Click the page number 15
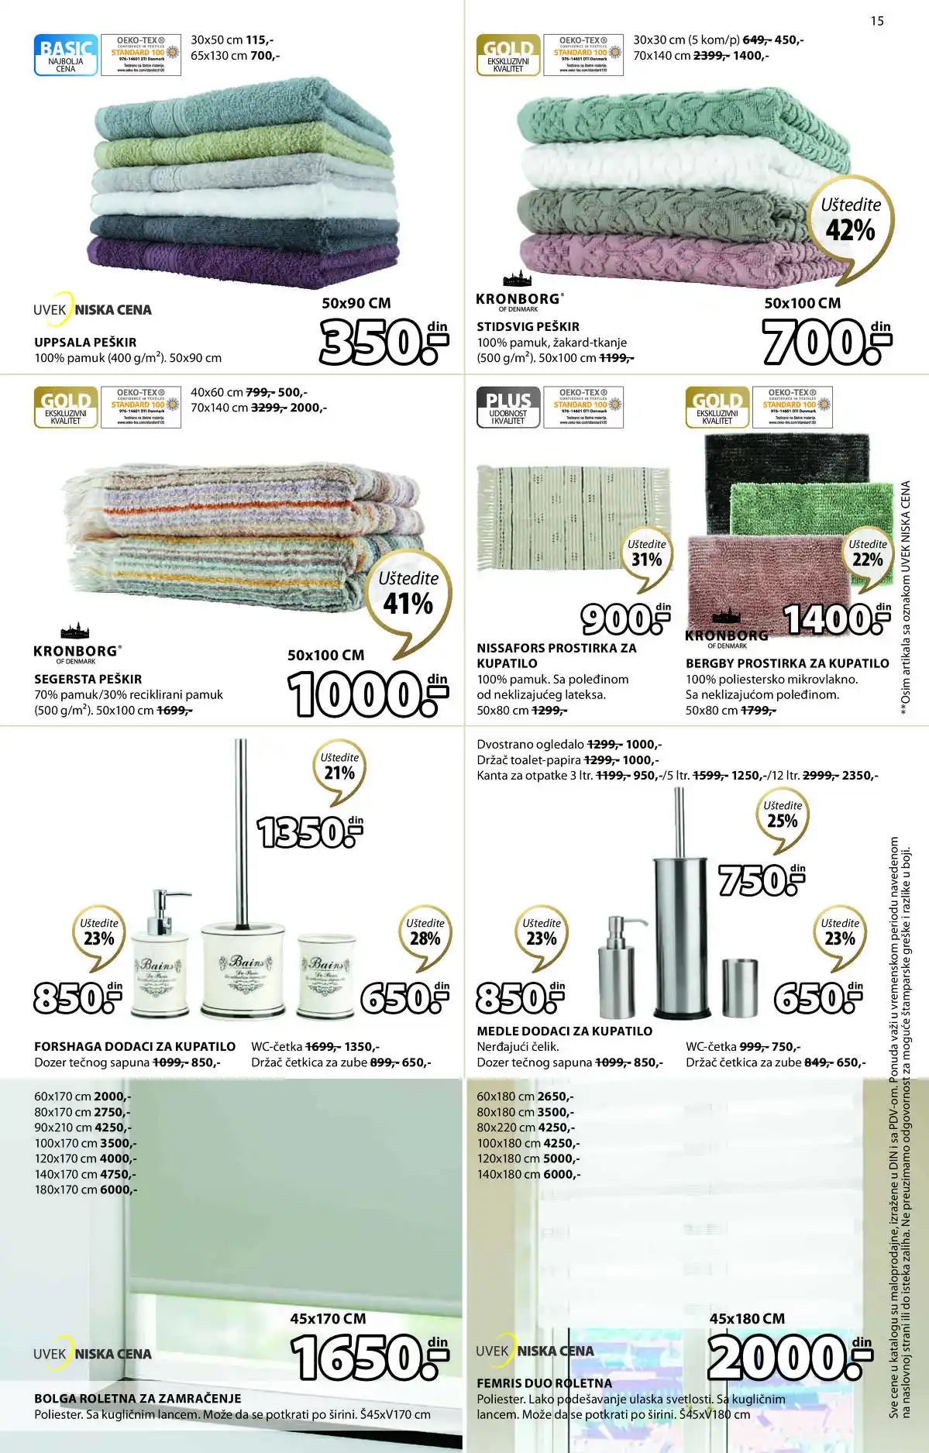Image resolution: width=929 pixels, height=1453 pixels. (x=876, y=21)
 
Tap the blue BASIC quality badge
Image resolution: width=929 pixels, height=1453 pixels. (x=66, y=54)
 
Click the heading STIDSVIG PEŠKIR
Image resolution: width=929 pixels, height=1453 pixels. (x=528, y=326)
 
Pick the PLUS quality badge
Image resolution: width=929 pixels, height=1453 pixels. (x=508, y=407)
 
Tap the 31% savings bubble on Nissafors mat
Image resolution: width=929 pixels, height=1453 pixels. (x=646, y=553)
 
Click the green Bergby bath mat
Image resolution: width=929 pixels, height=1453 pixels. (x=810, y=508)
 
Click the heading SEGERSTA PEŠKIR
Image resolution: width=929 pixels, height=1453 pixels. (x=88, y=679)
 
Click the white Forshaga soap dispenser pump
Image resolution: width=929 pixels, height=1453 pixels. (x=160, y=957)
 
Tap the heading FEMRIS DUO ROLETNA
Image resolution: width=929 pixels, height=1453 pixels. (x=544, y=1383)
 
